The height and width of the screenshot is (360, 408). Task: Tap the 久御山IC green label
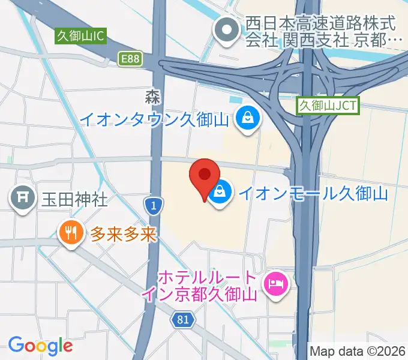80,36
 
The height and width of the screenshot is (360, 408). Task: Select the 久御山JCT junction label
328,106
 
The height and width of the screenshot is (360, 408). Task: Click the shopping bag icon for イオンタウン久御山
247,117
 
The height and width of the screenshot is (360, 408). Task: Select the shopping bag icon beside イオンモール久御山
220,193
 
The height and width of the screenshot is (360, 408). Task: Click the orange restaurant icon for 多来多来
71,233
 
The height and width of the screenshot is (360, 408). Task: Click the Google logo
40,346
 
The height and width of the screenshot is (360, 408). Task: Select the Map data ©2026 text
358,350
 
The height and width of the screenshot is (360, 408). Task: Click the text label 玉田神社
74,199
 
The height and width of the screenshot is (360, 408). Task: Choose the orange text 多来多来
123,233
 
